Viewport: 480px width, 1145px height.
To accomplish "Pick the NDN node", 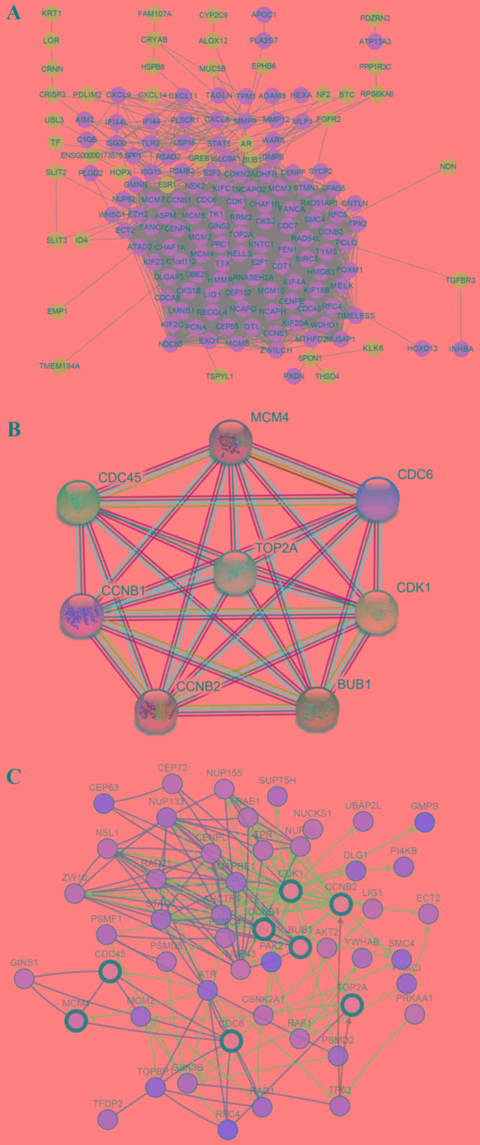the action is (x=448, y=167).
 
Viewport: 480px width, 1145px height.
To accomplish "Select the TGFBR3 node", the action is (x=460, y=280).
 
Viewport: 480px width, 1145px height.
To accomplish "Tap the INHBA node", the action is (x=461, y=349).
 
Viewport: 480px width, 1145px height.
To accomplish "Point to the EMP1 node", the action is (x=57, y=311).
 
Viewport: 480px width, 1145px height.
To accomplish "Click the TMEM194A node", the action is (x=59, y=366).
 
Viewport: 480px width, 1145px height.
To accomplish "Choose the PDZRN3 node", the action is (x=375, y=18).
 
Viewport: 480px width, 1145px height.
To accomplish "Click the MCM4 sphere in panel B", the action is (x=231, y=441).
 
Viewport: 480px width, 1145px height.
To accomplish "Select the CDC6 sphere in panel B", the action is (x=378, y=499).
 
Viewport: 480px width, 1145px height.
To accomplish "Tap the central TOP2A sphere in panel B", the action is (x=235, y=573).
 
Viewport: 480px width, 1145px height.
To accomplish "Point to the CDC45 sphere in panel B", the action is (x=78, y=502).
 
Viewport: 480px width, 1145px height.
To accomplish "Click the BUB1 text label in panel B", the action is (x=354, y=684).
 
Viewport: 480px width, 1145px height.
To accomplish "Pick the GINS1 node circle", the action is (x=24, y=978).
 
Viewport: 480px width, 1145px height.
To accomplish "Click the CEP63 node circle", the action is (x=104, y=804).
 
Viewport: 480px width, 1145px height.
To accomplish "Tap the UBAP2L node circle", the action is (x=363, y=822).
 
